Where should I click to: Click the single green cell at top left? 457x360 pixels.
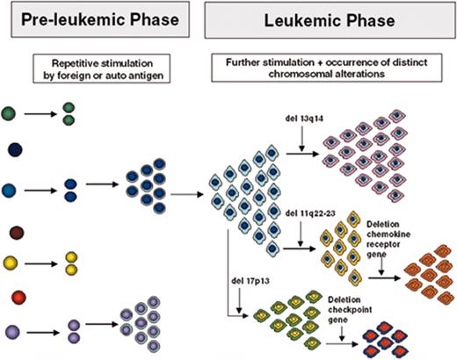click(x=11, y=113)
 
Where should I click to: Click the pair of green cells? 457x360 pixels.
click(x=69, y=114)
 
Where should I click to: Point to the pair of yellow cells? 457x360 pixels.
click(x=69, y=262)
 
